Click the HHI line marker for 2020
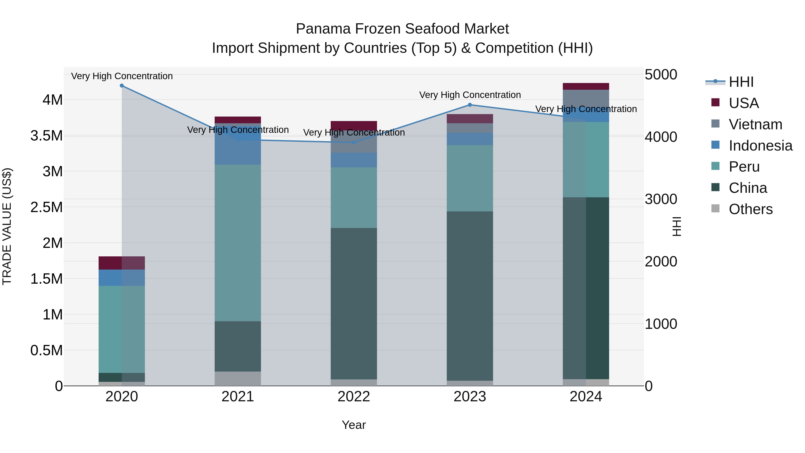(122, 86)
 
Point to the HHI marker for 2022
(354, 142)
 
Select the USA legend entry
(744, 103)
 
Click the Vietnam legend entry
(755, 124)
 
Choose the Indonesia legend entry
(760, 146)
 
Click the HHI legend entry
(741, 82)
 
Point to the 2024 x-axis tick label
(586, 397)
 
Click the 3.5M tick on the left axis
(47, 136)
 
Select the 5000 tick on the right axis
(661, 75)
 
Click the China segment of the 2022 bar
(354, 303)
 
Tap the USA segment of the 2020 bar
(122, 263)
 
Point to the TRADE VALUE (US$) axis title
(7, 226)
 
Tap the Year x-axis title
(354, 425)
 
